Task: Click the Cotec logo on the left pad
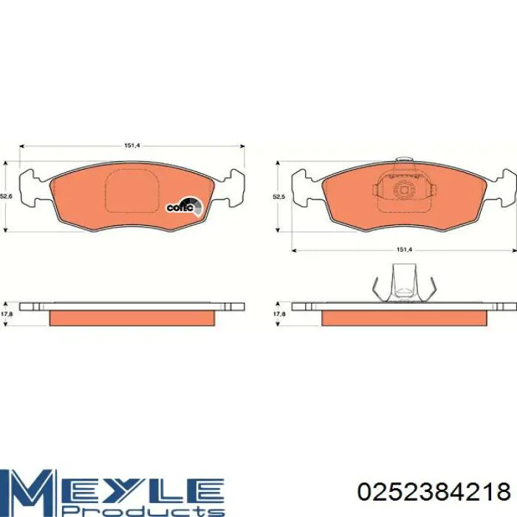click(x=184, y=206)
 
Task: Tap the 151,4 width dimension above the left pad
click(x=132, y=145)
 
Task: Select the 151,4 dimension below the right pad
click(x=404, y=250)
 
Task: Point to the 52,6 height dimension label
click(x=6, y=196)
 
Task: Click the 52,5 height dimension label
click(x=278, y=196)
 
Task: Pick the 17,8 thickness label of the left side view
click(x=6, y=314)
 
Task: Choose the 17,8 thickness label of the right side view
click(x=279, y=314)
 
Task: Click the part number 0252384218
click(x=434, y=492)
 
